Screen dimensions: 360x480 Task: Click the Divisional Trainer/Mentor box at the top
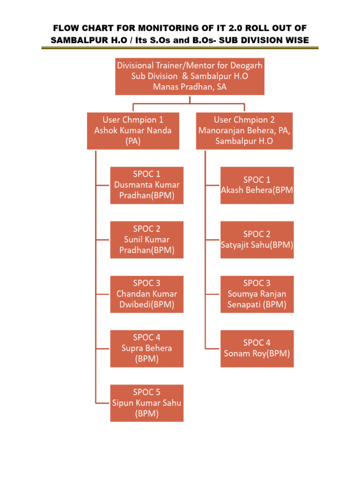[190, 76]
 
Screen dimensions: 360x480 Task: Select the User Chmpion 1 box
[133, 131]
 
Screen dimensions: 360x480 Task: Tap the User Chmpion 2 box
[244, 131]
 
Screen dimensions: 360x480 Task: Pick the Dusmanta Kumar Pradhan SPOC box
[147, 186]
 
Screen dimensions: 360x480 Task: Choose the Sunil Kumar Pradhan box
[147, 240]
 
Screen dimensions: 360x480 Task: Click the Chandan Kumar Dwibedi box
[147, 294]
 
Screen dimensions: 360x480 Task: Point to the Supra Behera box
[147, 349]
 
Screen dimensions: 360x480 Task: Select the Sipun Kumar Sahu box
[147, 403]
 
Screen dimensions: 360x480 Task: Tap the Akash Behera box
[257, 186]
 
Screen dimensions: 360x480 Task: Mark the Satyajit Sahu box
[257, 240]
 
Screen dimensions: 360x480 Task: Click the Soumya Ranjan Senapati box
[257, 294]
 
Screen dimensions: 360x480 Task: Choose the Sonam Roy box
[257, 349]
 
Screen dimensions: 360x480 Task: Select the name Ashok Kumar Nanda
[133, 131]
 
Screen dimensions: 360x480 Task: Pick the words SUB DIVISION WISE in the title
[264, 40]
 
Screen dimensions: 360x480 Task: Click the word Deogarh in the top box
[246, 66]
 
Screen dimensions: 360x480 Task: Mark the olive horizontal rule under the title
[180, 48]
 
